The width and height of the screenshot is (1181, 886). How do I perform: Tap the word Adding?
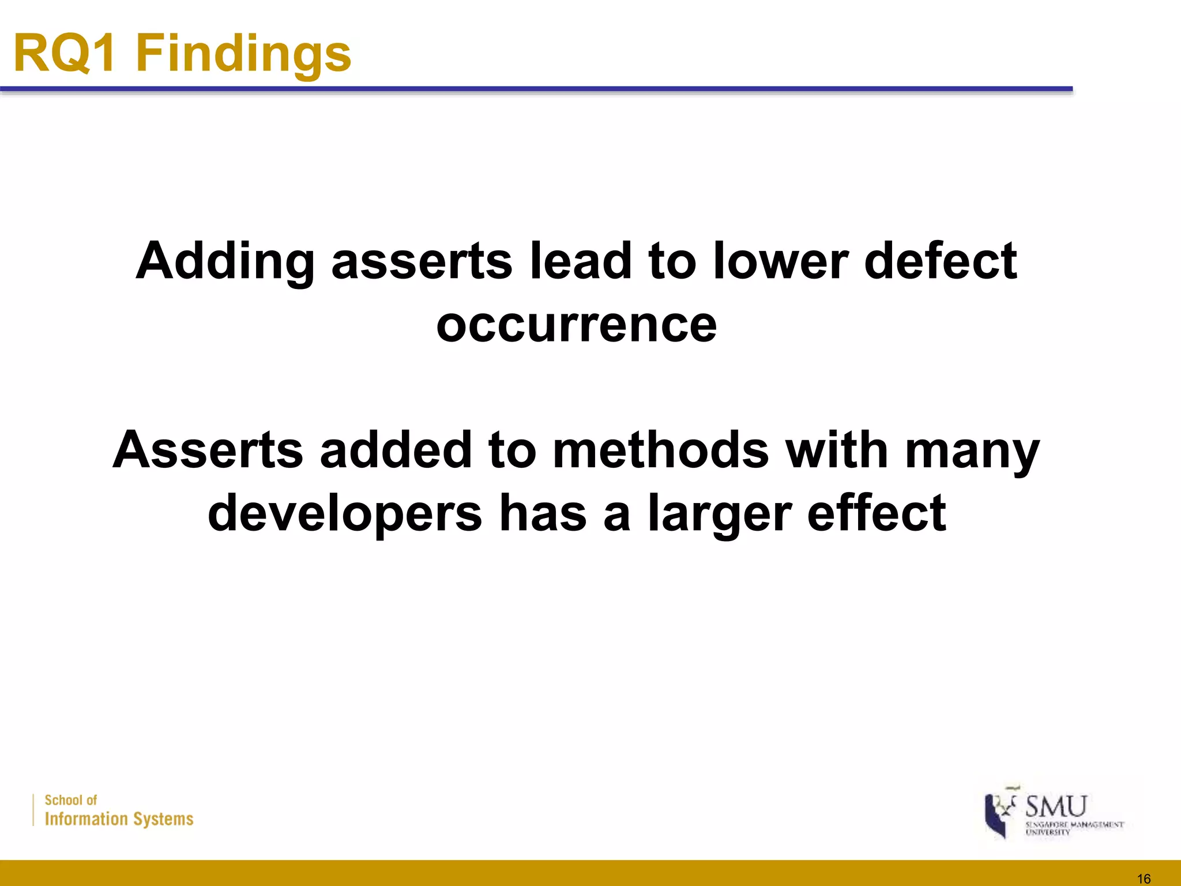tap(225, 262)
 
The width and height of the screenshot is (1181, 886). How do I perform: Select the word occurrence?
tap(577, 325)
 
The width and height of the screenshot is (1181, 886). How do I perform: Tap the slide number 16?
tap(1144, 879)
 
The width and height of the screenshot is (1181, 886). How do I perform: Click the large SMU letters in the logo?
tap(1056, 806)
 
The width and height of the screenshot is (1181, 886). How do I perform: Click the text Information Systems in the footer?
tap(119, 819)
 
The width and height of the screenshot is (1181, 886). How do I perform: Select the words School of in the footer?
tap(71, 800)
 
